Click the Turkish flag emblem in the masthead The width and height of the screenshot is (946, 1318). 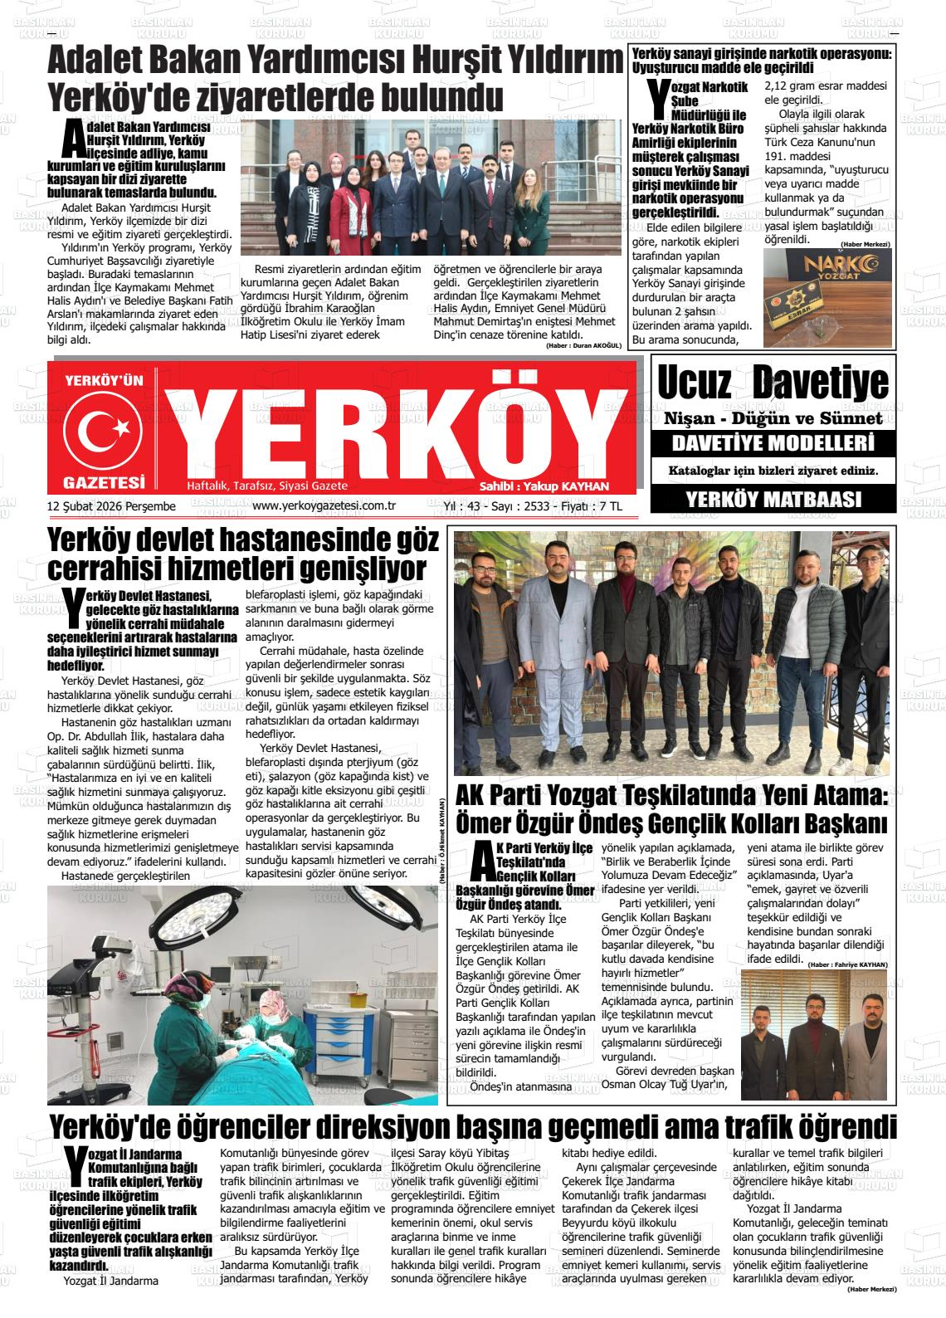(104, 428)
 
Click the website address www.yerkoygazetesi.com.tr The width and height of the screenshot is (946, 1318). (323, 506)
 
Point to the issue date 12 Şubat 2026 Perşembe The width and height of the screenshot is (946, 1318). (111, 506)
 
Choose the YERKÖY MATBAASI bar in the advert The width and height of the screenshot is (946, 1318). (773, 499)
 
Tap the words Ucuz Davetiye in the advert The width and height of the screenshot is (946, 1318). (773, 383)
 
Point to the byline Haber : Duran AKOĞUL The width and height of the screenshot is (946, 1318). (583, 345)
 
